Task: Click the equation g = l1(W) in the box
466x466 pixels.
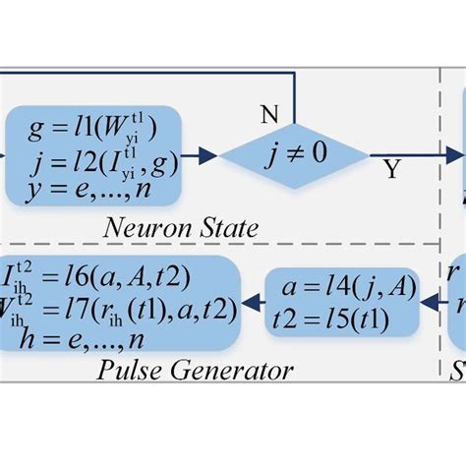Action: [94, 128]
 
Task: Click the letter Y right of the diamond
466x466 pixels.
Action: [391, 171]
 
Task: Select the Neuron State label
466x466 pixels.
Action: [182, 230]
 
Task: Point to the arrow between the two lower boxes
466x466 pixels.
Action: [258, 303]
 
